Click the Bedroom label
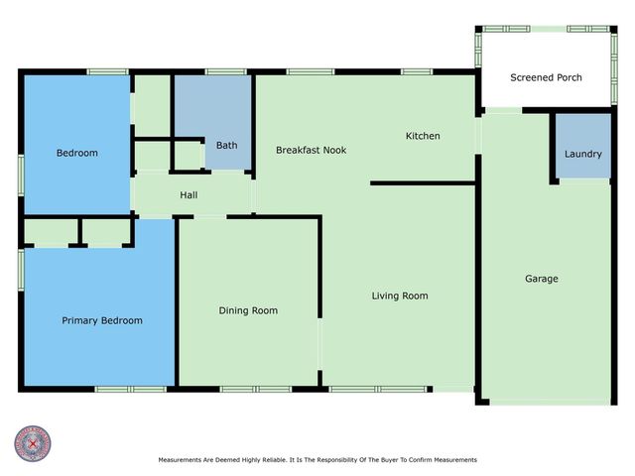(76, 153)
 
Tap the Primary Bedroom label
(102, 320)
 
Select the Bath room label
(226, 145)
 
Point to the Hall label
(189, 195)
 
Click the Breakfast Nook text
(311, 150)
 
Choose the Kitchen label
(423, 136)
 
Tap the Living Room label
(400, 296)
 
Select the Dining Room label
(248, 310)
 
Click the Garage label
(541, 279)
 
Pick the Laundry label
(582, 154)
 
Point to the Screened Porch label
(546, 77)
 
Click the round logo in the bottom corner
(33, 443)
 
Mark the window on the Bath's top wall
(226, 71)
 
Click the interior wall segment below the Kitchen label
(422, 182)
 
